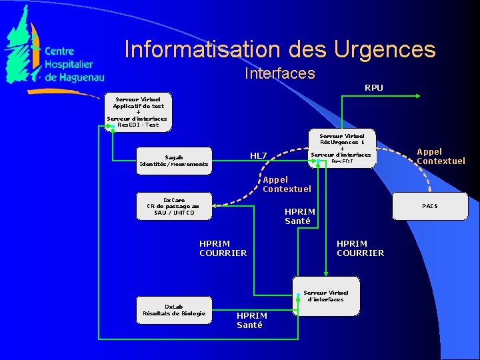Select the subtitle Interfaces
279,73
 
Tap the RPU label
373,87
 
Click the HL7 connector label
258,156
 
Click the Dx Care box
173,206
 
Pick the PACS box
429,206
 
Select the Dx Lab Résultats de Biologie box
174,310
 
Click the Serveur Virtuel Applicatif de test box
137,111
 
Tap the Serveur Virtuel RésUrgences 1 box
342,148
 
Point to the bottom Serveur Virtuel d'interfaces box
326,296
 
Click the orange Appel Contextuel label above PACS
441,156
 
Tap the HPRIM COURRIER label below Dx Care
223,248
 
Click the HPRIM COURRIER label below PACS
360,248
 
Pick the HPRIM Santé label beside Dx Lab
252,320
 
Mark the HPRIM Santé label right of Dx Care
300,216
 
